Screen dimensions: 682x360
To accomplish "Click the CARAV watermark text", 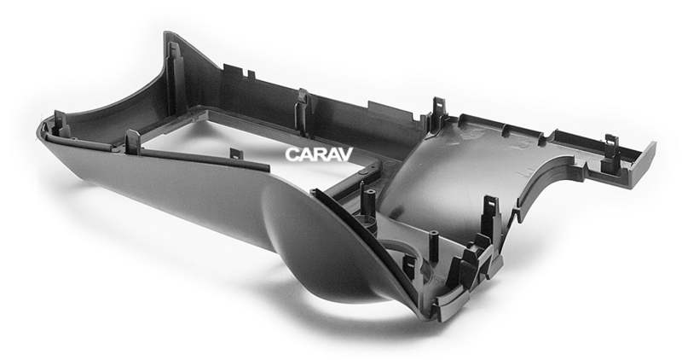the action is [x=319, y=154].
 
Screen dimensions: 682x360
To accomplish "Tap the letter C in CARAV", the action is [x=292, y=154].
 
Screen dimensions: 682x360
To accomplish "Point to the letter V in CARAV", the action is [x=345, y=154].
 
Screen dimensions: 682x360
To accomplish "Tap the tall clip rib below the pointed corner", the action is [x=177, y=78].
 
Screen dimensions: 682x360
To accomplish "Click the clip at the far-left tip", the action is [x=61, y=123].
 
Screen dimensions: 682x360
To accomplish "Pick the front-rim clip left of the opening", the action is [x=132, y=142].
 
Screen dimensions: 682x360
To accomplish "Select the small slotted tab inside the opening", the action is [x=236, y=154].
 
